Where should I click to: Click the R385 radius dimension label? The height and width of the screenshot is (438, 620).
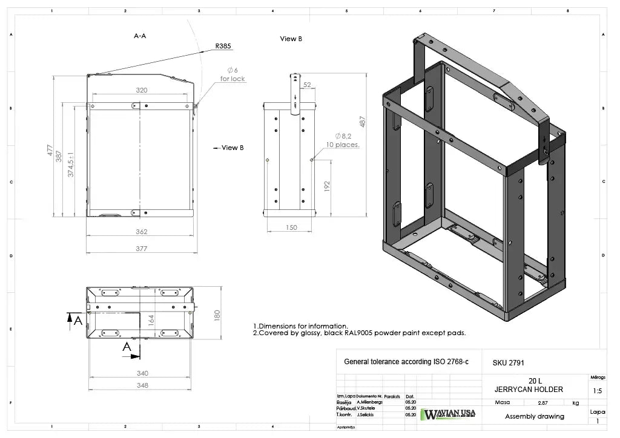pos(223,46)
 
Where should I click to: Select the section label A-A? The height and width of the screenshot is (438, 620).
pos(140,36)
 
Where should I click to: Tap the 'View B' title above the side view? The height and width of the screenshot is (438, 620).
pos(291,39)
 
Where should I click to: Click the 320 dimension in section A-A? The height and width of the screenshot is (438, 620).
pos(141,90)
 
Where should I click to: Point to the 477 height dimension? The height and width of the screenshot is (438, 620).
pos(51,151)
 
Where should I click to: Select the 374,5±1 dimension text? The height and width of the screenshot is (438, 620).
pos(71,164)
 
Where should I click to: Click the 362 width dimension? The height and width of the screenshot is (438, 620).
pos(140,232)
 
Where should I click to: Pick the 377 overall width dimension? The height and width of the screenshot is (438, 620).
pos(140,249)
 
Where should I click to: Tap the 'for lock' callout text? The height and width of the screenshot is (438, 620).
pos(232,79)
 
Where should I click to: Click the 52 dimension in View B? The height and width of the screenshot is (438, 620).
pos(307,85)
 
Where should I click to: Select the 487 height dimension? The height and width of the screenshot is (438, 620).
pos(363,122)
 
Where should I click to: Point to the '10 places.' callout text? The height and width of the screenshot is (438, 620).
pos(343,145)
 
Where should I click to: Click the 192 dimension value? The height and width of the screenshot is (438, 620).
pos(327,185)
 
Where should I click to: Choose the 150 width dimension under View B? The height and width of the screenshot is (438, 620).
pos(291,227)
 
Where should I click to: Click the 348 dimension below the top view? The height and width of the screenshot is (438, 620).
pos(142,385)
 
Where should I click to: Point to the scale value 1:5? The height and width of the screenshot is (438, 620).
pos(597,391)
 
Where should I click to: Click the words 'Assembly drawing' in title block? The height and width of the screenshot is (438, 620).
pos(535,416)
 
